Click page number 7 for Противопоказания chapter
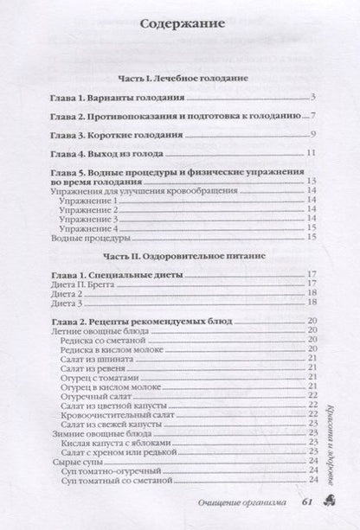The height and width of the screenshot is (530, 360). [x=318, y=115]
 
